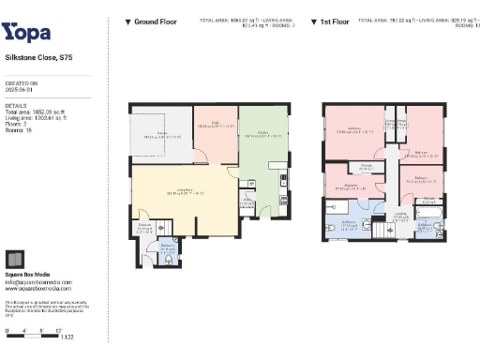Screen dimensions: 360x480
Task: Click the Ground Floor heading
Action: coord(152,21)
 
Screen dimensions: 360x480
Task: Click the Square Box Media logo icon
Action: coord(15,260)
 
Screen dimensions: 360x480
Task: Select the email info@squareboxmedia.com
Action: coord(37,281)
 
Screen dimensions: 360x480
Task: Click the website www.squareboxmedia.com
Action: coord(37,288)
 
